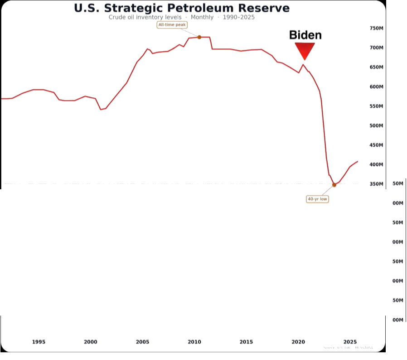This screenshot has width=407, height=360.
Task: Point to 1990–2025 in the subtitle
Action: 238,17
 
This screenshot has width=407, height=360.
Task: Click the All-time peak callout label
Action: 172,24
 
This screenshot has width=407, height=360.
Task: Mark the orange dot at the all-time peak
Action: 199,37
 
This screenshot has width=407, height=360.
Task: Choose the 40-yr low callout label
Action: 317,199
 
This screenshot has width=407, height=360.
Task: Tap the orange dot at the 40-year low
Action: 334,185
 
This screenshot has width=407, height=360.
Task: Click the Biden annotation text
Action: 305,35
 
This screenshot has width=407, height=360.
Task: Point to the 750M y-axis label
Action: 377,29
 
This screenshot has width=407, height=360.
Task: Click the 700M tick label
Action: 377,48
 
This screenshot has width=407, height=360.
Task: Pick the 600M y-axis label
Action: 377,87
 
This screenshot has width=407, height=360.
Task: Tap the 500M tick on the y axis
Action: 377,126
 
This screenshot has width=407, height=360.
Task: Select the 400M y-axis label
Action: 377,165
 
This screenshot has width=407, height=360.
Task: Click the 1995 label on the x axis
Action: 39,342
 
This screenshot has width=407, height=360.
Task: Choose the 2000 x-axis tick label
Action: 90,342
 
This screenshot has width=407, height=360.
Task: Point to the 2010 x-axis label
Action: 194,342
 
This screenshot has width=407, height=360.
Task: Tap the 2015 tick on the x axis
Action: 246,342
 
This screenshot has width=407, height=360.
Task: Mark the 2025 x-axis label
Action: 349,342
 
